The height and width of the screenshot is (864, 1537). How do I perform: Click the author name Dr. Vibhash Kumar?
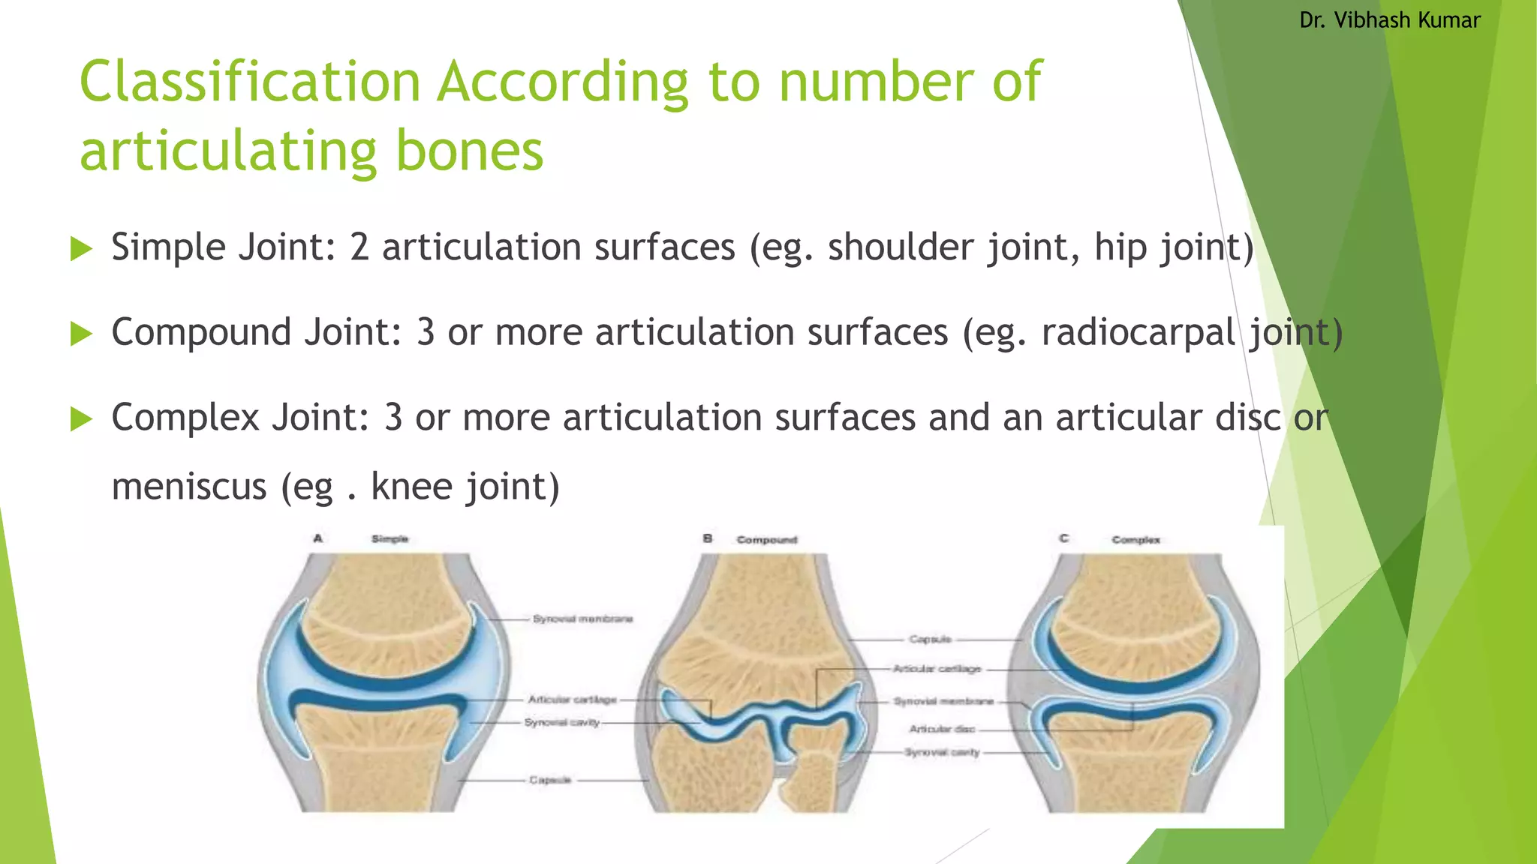click(x=1389, y=20)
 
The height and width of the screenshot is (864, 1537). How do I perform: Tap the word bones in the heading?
click(x=468, y=151)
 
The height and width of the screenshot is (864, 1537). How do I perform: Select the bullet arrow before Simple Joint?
click(x=80, y=248)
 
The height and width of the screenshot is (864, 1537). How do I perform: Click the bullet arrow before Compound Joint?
click(x=80, y=333)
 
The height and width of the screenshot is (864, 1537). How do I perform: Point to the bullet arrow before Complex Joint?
click(x=80, y=418)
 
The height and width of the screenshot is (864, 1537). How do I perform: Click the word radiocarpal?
click(x=1137, y=332)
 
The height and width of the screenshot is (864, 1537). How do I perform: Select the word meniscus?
click(x=189, y=487)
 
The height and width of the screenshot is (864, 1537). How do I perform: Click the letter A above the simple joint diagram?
click(x=318, y=538)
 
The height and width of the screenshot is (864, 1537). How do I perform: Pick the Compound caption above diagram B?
click(x=766, y=540)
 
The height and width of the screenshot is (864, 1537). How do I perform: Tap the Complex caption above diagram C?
click(x=1135, y=540)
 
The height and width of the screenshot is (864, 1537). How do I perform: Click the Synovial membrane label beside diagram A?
click(x=582, y=619)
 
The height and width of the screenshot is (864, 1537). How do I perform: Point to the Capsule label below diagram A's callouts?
click(x=550, y=780)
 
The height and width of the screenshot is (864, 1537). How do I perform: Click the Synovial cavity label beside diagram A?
click(x=561, y=722)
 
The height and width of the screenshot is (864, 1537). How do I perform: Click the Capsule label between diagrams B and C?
click(x=930, y=640)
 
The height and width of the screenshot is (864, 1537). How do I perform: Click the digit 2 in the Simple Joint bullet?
click(x=359, y=247)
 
